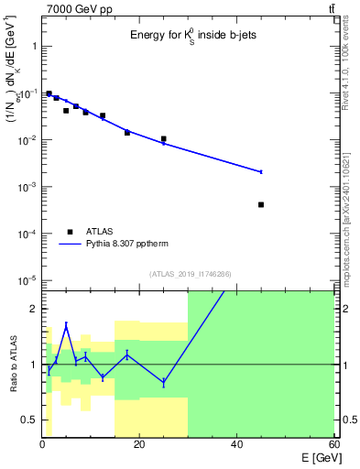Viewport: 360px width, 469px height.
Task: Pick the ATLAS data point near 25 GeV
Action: (x=163, y=139)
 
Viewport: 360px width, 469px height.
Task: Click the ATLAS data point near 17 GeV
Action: (x=127, y=133)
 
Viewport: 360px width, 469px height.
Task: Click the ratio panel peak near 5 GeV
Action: (x=66, y=324)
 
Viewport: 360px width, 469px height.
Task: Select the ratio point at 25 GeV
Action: (x=163, y=382)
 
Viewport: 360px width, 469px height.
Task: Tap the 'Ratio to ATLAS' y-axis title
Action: (x=12, y=365)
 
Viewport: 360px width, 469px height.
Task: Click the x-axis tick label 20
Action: (x=139, y=444)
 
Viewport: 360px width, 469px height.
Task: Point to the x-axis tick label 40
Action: (x=236, y=444)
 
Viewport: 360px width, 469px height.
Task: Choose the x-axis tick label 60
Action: (x=333, y=444)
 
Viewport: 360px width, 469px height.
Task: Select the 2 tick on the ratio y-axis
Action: (x=33, y=309)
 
